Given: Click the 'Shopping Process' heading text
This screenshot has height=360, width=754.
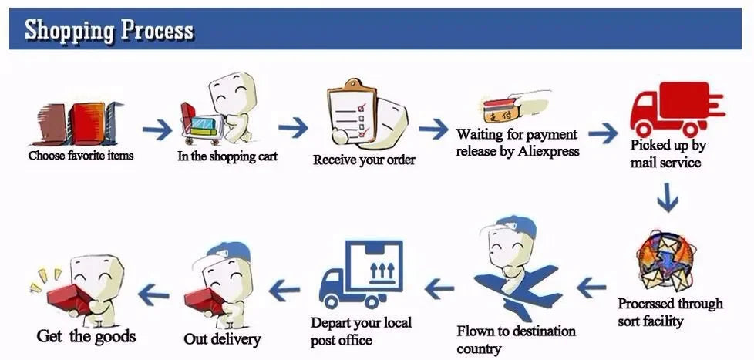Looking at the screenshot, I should [109, 30].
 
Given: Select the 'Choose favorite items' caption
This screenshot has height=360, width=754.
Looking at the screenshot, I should [81, 156].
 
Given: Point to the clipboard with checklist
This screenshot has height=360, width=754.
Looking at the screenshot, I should [352, 112].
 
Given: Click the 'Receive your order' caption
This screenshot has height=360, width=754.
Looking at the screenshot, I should [364, 160].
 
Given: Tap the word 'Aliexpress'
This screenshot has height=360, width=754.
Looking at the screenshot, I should [548, 151].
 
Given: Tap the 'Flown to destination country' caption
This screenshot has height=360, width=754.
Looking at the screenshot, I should [516, 339].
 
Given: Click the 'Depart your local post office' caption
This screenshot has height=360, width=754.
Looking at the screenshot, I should [361, 331].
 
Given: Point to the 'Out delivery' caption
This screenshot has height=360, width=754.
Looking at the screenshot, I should [222, 338].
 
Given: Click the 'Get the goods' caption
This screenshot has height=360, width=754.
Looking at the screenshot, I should [86, 336].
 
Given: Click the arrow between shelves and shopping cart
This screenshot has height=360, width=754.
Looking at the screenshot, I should [157, 129].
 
